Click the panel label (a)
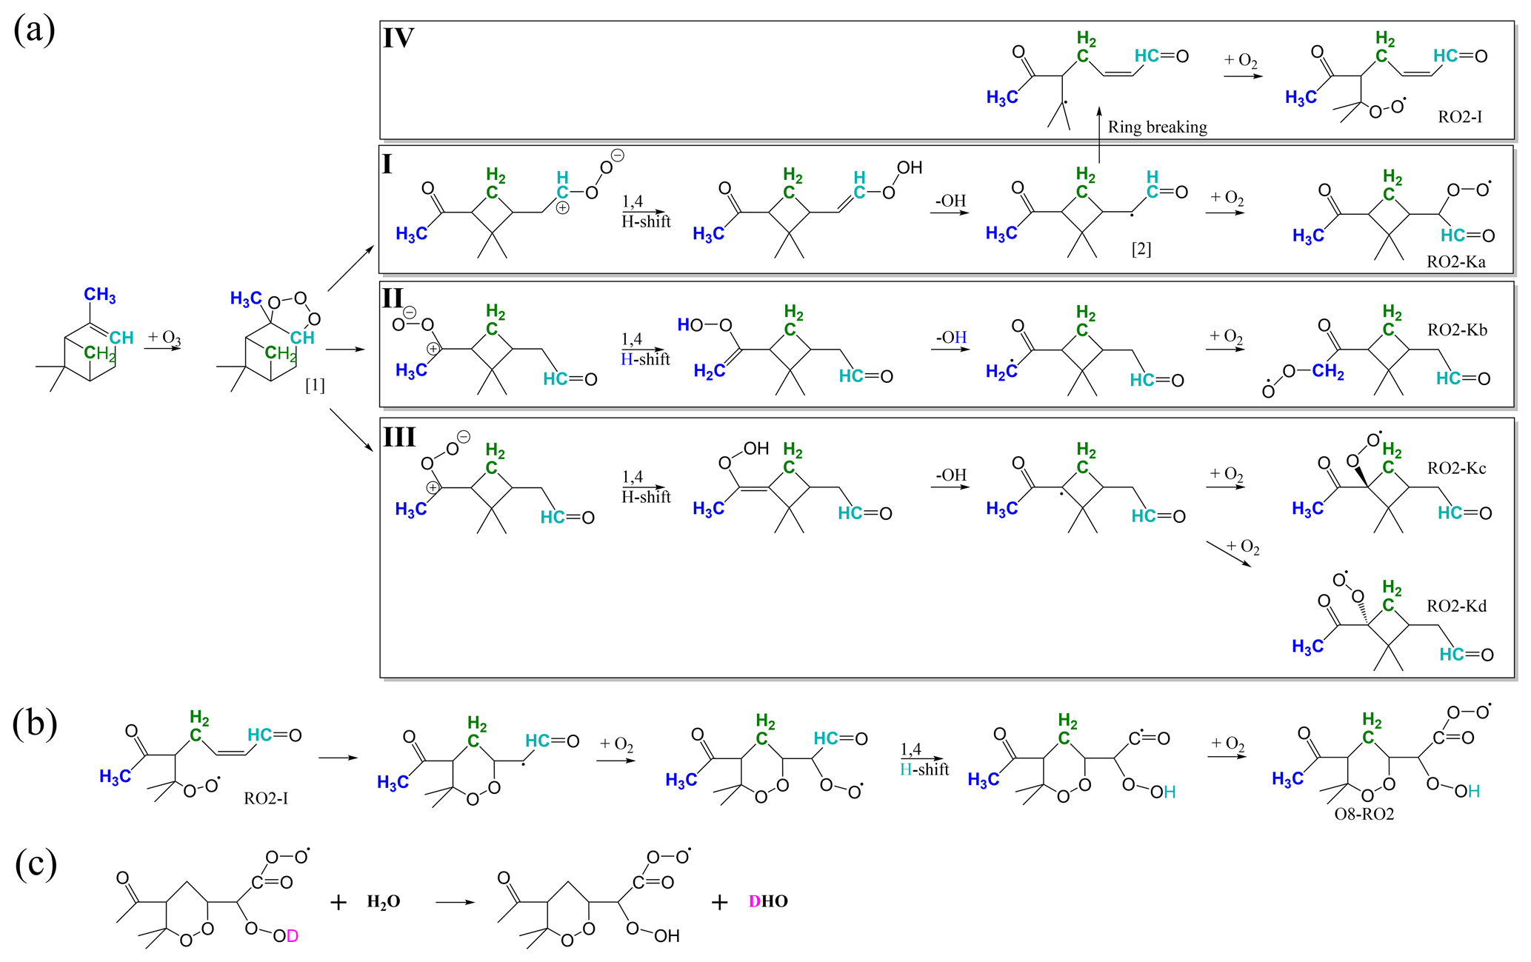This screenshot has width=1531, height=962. (x=34, y=31)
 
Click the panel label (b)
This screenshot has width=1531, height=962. (x=34, y=724)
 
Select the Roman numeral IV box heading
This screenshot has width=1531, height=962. (x=398, y=39)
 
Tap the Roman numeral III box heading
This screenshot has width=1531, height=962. (x=399, y=437)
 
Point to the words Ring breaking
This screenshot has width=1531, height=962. (x=1157, y=127)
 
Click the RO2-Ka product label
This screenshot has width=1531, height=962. (x=1455, y=262)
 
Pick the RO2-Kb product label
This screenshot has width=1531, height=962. (x=1457, y=330)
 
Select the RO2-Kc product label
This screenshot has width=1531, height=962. (x=1456, y=469)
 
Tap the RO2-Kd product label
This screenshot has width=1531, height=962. (x=1456, y=607)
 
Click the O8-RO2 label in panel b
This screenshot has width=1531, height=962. (x=1364, y=815)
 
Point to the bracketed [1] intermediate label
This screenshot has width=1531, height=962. (x=315, y=385)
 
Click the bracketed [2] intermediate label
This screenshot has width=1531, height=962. (x=1141, y=250)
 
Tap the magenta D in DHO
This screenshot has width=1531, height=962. (x=755, y=902)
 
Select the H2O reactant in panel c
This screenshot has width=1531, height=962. (x=384, y=902)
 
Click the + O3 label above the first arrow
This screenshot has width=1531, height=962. (x=164, y=338)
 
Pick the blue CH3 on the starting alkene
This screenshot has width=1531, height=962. (x=100, y=295)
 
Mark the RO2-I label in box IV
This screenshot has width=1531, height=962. (x=1460, y=117)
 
